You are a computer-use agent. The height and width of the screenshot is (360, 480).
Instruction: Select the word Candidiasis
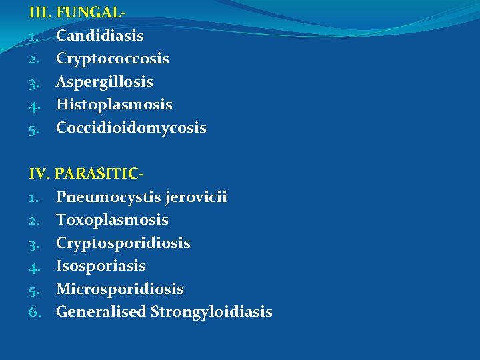pyautogui.click(x=100, y=35)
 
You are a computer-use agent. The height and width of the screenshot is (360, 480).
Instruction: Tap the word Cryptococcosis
pyautogui.click(x=112, y=59)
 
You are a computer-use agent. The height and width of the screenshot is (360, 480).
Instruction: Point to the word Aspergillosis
pyautogui.click(x=104, y=82)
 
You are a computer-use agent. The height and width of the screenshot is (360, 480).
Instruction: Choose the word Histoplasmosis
pyautogui.click(x=114, y=105)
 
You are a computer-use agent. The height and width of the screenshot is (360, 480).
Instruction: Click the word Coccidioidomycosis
pyautogui.click(x=131, y=127)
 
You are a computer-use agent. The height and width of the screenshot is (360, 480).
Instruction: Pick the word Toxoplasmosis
pyautogui.click(x=112, y=220)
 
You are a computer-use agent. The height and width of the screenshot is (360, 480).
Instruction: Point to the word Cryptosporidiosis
pyautogui.click(x=123, y=243)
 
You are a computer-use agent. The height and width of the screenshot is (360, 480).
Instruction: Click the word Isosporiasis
pyautogui.click(x=101, y=266)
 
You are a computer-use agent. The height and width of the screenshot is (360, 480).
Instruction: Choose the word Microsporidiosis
pyautogui.click(x=119, y=289)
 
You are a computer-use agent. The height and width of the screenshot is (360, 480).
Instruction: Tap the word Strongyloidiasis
pyautogui.click(x=211, y=312)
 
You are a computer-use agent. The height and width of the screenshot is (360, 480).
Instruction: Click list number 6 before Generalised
pyautogui.click(x=35, y=312)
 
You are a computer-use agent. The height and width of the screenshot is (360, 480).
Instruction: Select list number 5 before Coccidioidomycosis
pyautogui.click(x=35, y=127)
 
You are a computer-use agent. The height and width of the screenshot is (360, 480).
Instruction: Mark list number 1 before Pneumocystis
pyautogui.click(x=35, y=197)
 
